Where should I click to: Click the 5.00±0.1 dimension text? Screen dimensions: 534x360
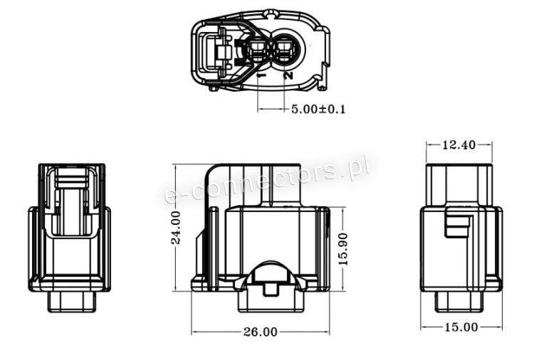click(x=318, y=110)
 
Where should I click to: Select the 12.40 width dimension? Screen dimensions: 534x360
click(x=459, y=145)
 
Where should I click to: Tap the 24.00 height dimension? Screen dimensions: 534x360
click(x=176, y=227)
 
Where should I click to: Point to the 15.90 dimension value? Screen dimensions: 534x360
click(x=343, y=249)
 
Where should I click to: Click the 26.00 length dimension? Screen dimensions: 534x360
click(x=261, y=332)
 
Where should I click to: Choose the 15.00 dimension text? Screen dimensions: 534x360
click(x=461, y=327)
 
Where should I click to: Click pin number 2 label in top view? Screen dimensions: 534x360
click(x=288, y=75)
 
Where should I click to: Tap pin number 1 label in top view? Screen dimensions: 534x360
click(x=261, y=75)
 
